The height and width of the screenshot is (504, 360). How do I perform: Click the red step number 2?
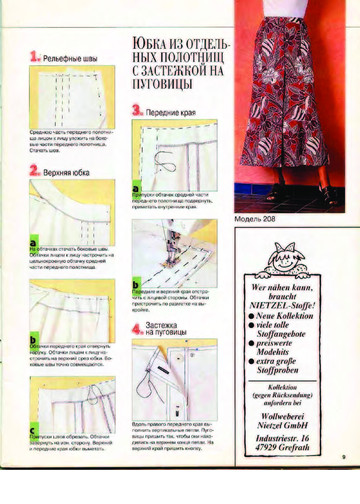point(34,171)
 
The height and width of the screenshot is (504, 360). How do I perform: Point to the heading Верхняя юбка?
point(64,172)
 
